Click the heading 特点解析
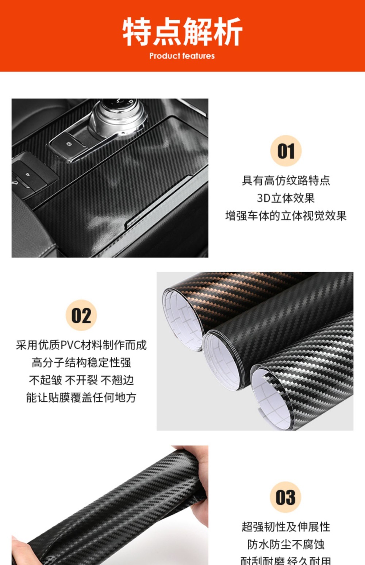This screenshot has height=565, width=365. (182, 32)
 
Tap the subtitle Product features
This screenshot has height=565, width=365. (182, 56)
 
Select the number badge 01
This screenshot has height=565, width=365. (286, 151)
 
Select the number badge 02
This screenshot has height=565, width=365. (81, 315)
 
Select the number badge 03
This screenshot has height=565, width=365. (285, 497)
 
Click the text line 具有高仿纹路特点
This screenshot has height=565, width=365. (286, 180)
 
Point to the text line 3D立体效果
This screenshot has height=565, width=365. (286, 198)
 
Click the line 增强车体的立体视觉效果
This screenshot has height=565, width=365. (286, 216)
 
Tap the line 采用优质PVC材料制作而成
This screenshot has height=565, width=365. (81, 345)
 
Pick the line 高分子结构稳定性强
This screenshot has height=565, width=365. (81, 363)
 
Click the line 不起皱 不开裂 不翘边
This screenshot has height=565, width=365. (81, 380)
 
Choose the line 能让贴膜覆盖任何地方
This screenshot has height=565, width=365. (81, 397)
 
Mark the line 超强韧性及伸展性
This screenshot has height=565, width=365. (286, 527)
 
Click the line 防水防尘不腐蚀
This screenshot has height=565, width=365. (286, 544)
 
